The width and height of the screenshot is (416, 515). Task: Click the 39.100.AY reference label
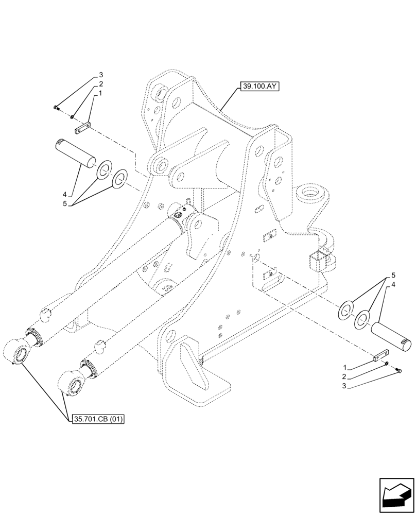[x=258, y=87]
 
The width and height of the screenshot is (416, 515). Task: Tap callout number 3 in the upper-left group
[x=101, y=75]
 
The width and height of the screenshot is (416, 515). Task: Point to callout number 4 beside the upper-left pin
[x=65, y=195]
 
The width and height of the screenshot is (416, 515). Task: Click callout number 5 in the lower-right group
[x=393, y=274]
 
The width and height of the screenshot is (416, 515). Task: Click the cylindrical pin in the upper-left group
[x=76, y=152]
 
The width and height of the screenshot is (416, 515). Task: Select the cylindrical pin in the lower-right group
[x=392, y=336]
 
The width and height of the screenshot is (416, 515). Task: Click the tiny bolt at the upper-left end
[x=56, y=107]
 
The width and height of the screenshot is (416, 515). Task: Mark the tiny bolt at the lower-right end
[x=398, y=370]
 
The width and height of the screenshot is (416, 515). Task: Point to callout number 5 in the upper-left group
[x=65, y=204]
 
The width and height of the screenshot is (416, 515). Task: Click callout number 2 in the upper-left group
[x=101, y=84]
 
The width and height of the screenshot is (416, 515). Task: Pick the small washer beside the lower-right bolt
[x=387, y=364]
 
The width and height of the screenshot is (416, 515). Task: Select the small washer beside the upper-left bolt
[x=73, y=116]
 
